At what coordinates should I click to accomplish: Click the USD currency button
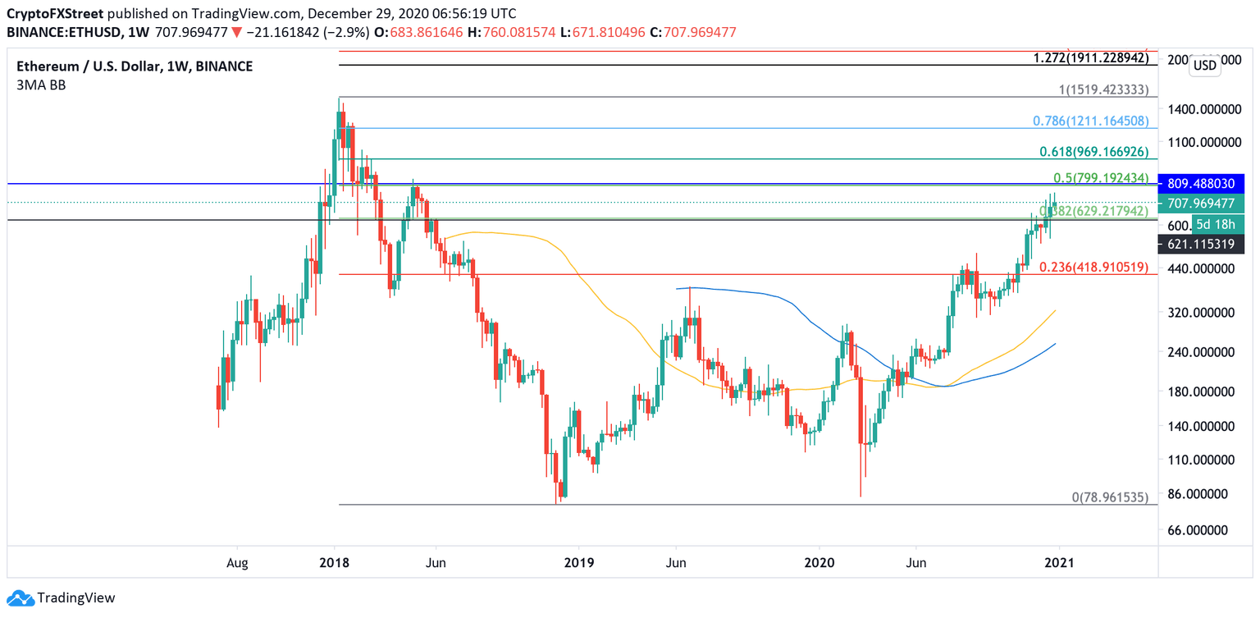coord(1204,66)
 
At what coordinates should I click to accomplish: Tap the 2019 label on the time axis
coord(578,563)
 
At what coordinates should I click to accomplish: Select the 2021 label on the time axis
coord(1059,563)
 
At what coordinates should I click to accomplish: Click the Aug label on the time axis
coord(236,563)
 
